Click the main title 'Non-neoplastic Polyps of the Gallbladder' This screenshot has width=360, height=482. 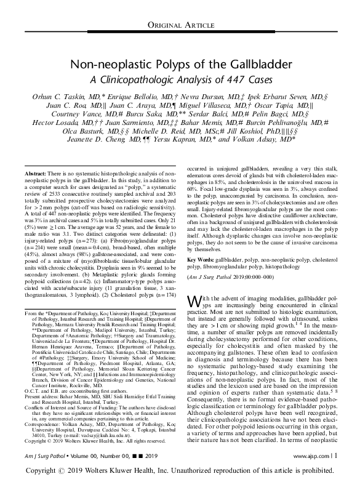tap(180, 65)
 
